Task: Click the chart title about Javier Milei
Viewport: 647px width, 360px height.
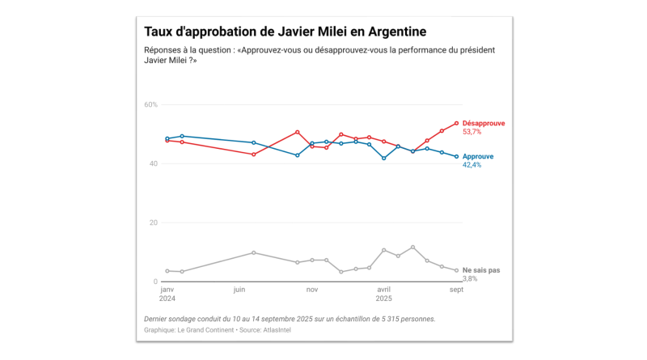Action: (285, 32)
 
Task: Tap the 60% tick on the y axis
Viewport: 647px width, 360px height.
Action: (150, 104)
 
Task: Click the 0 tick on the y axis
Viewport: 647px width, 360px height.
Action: (155, 282)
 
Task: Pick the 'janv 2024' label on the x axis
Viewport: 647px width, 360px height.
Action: (167, 293)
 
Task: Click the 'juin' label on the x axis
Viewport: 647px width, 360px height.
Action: (239, 289)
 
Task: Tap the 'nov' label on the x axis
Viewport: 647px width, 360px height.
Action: (312, 289)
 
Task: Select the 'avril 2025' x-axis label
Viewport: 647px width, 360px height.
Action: (384, 293)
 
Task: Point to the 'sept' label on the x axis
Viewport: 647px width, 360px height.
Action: (455, 289)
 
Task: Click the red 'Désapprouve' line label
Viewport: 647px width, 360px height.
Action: (484, 123)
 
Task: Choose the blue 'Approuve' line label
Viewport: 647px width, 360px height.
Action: (478, 156)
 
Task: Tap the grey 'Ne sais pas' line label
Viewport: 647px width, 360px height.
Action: (481, 269)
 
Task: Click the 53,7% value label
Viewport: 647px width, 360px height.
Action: (472, 132)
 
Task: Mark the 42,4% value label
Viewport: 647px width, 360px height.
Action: (472, 165)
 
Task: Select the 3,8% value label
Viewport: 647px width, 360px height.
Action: (470, 278)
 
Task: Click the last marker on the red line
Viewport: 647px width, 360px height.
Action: (456, 123)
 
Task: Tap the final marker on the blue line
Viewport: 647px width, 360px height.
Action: (456, 157)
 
